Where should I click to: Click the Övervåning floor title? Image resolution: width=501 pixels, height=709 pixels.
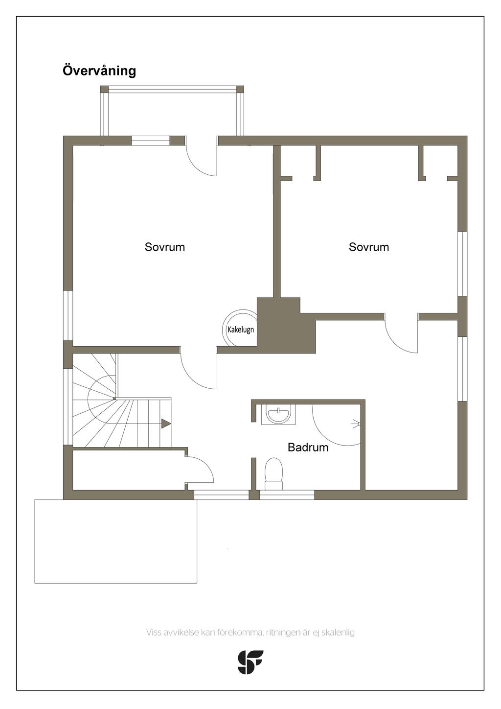99,71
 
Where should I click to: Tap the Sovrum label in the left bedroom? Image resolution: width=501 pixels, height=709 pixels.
165,247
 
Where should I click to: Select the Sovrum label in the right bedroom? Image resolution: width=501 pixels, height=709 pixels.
369,247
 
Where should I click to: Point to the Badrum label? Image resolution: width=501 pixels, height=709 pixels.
308,447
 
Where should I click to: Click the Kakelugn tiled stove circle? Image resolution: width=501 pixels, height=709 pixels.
240,329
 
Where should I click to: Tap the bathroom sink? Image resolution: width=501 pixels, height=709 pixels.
278,415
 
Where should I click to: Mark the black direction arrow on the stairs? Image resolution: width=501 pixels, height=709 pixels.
166,424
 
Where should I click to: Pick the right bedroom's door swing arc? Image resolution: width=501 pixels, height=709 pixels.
401,337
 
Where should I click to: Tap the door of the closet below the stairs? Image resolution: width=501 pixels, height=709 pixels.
200,470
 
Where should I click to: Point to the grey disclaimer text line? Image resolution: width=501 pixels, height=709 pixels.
250,632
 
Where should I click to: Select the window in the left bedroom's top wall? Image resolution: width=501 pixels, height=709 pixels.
151,141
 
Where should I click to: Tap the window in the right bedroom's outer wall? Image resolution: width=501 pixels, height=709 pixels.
462,263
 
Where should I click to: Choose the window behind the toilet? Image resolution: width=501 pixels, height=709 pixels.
287,495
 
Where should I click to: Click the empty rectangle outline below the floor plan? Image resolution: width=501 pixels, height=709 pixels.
115,541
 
